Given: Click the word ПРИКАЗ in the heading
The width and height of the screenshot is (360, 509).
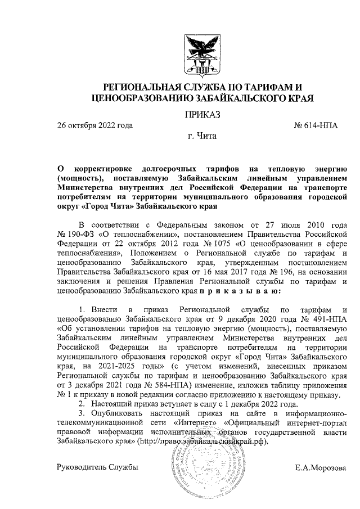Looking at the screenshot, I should pyautogui.click(x=201, y=116).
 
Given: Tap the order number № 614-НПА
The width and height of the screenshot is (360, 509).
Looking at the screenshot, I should pyautogui.click(x=316, y=125).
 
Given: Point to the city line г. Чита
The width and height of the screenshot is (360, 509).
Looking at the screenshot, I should pyautogui.click(x=201, y=136).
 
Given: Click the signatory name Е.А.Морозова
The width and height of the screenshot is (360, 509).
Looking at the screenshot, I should pyautogui.click(x=321, y=467).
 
